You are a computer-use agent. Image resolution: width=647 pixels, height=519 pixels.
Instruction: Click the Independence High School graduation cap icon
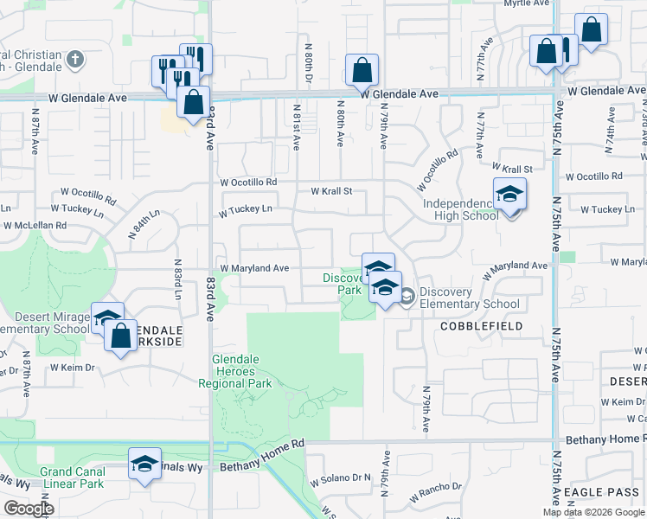coord(509,194)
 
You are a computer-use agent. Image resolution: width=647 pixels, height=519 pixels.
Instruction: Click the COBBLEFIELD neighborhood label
coord(482,326)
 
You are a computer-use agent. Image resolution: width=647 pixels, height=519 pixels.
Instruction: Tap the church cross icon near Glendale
coord(75,60)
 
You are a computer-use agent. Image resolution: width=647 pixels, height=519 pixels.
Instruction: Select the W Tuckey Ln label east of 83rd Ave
coord(246,209)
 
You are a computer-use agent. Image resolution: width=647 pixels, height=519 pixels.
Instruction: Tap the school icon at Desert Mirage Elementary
coord(107,318)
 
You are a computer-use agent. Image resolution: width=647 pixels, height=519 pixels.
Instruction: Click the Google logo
coord(29,509)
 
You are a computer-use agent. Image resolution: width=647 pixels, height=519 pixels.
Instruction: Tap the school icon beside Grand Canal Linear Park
coord(145,462)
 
